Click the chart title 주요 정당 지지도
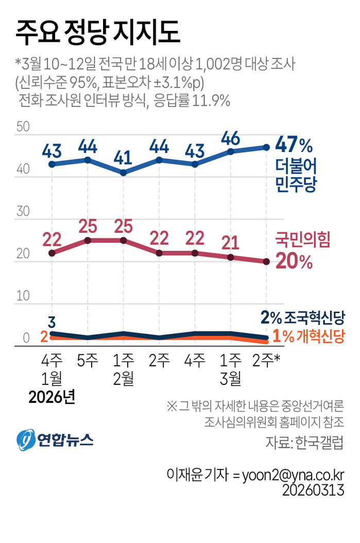click(98, 32)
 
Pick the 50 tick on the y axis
click(23, 127)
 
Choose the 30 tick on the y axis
click(23, 211)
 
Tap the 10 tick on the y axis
click(23, 296)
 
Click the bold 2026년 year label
click(52, 398)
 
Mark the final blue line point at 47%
click(266, 147)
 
